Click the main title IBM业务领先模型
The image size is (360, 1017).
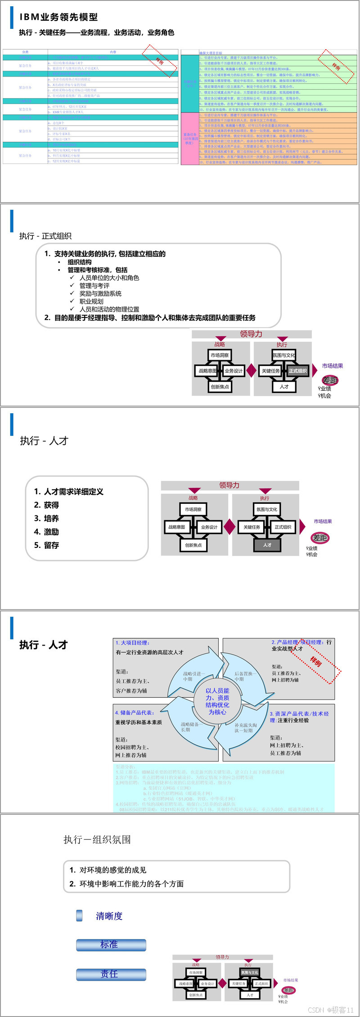click(x=58, y=17)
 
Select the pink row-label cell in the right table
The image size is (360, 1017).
click(x=190, y=138)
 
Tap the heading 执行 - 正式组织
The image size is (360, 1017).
click(x=45, y=236)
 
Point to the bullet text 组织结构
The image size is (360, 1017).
click(x=80, y=262)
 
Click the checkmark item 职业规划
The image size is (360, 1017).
click(x=91, y=301)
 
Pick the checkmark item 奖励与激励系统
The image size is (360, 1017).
click(x=100, y=294)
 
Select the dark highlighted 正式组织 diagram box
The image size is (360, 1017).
click(x=297, y=371)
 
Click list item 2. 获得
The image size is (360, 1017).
click(x=47, y=505)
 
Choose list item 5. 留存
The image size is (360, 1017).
click(x=47, y=545)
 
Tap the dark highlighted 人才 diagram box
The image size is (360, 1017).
click(x=267, y=545)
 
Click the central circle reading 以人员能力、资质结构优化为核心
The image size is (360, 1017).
click(x=217, y=701)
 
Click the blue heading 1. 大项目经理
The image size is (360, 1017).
click(x=132, y=642)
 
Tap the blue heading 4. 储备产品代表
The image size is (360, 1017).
click(x=135, y=713)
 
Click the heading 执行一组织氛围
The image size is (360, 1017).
click(x=97, y=840)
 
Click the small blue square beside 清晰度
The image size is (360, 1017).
click(x=80, y=916)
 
